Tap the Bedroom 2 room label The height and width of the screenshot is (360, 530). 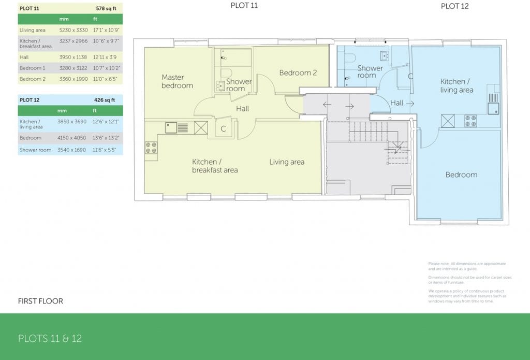click(x=298, y=73)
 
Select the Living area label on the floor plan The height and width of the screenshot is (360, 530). click(x=287, y=162)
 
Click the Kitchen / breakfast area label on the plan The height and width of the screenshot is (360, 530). click(x=215, y=166)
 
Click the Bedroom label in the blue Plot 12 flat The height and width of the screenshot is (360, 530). click(x=461, y=175)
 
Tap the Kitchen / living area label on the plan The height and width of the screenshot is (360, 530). click(x=456, y=85)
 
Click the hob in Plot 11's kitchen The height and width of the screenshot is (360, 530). click(x=151, y=148)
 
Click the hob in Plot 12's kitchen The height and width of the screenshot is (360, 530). click(x=470, y=121)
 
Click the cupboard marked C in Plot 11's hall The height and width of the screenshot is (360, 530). click(x=223, y=129)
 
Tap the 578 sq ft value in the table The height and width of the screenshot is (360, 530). click(x=106, y=9)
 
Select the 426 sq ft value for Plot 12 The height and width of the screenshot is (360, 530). click(x=106, y=99)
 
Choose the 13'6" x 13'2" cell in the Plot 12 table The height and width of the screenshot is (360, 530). click(x=106, y=138)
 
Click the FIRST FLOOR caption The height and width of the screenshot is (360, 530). click(x=40, y=301)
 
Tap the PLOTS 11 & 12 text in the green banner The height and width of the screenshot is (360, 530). click(x=50, y=339)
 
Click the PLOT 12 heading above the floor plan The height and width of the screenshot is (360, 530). click(x=454, y=6)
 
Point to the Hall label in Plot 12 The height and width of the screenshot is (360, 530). click(x=396, y=103)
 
